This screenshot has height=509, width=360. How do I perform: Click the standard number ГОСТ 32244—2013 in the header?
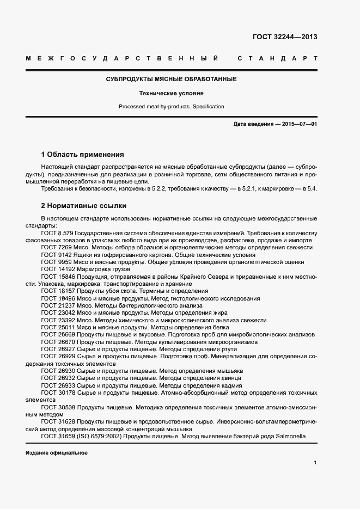click(285, 37)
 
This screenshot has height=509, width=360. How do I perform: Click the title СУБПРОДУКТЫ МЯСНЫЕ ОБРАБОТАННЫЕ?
click(171, 79)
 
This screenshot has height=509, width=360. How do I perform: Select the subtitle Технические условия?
click(171, 93)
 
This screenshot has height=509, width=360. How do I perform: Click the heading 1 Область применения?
click(83, 154)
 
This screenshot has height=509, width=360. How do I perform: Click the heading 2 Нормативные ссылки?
click(84, 206)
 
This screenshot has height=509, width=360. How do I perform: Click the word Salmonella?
click(291, 436)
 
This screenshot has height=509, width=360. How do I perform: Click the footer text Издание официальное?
click(57, 453)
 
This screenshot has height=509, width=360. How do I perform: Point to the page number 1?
click(315, 463)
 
